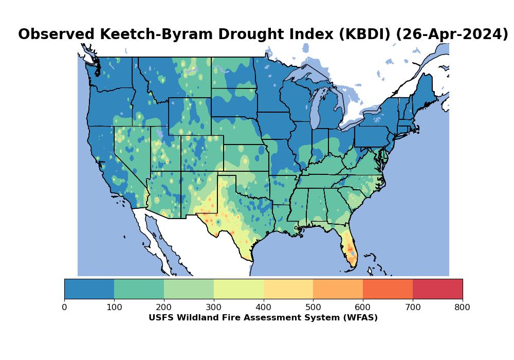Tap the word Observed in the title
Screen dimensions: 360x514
57,34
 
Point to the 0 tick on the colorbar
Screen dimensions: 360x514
64,308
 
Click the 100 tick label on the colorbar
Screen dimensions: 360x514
114,308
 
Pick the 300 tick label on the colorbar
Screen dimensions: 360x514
214,308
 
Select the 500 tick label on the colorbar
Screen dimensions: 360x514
313,308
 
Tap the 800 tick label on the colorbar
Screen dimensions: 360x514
463,308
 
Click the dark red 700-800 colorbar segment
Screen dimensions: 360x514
437,289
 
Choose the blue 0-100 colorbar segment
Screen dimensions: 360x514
89,289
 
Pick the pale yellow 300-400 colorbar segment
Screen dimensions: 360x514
238,289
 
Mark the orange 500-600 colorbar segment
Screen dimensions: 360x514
338,289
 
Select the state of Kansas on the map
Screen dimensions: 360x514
246,157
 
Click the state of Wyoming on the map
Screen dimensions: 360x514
189,116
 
